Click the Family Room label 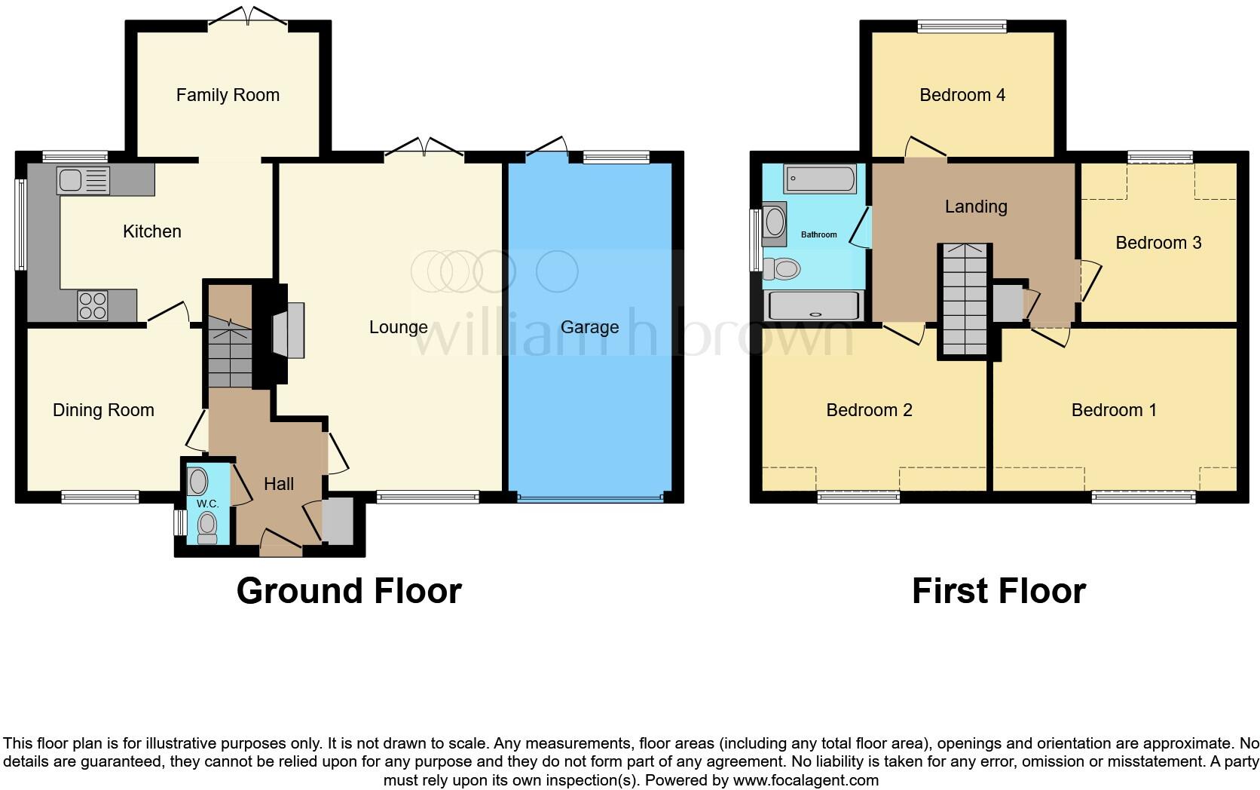pos(228,95)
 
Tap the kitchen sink pos(83,181)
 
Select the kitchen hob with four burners pos(92,305)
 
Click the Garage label pos(589,327)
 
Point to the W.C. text pos(208,504)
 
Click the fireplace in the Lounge pos(288,329)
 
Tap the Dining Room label pos(103,410)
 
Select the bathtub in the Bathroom pos(820,179)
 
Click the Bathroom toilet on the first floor pos(782,268)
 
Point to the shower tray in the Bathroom pos(812,306)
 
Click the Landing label pos(976,207)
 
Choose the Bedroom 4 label pos(962,95)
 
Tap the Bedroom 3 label pos(1158,243)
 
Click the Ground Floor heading pos(349,591)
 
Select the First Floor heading pos(999,591)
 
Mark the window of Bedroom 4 pos(962,27)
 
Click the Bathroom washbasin pos(775,223)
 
